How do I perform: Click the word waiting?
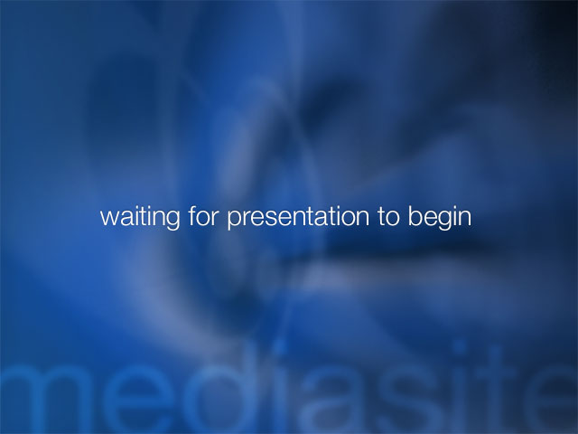click(141, 218)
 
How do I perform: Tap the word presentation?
click(298, 218)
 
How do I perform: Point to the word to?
click(388, 217)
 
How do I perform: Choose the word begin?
click(440, 218)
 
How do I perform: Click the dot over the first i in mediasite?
click(280, 347)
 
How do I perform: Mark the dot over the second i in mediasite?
click(460, 347)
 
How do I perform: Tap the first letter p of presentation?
click(234, 220)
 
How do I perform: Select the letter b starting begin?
click(415, 216)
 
